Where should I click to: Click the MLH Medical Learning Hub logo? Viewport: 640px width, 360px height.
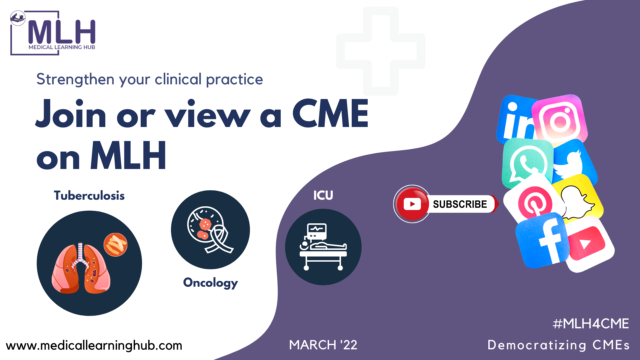[53, 33]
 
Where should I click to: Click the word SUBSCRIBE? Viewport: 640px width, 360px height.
[460, 204]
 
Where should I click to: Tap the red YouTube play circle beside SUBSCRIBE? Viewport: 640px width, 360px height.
[412, 204]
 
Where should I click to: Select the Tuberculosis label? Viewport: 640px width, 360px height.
[89, 196]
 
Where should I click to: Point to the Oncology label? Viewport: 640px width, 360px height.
[210, 283]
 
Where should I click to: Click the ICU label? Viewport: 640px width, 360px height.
[323, 195]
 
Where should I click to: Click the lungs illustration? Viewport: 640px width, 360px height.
[81, 268]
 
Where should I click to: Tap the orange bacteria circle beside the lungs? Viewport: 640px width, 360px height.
[115, 244]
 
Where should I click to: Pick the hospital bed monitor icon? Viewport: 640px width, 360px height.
[323, 247]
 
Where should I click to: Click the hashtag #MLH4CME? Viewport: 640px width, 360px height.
[591, 324]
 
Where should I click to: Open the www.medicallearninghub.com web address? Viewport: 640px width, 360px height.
[94, 346]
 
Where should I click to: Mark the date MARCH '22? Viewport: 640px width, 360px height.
[323, 345]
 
